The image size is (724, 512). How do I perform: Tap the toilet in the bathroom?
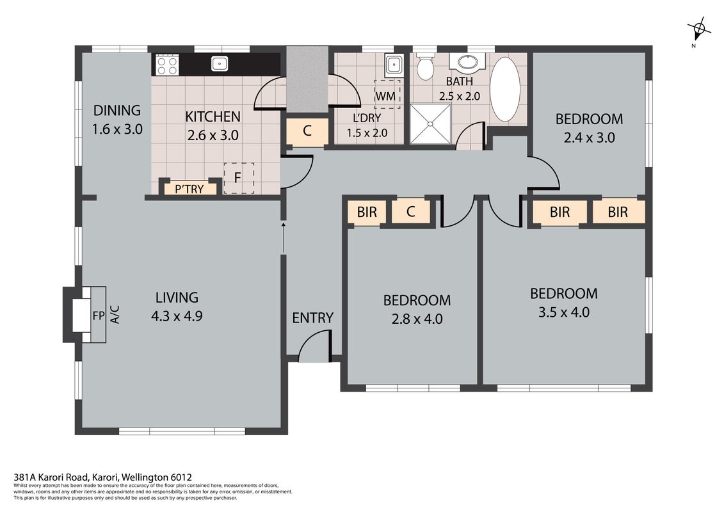click(x=425, y=66)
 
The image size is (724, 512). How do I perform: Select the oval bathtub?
click(x=504, y=89)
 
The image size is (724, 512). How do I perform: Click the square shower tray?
click(x=430, y=124)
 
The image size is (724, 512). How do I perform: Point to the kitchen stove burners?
click(x=166, y=65)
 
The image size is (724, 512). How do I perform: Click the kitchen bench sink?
click(x=220, y=63)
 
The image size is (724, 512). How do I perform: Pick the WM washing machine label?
click(x=385, y=96)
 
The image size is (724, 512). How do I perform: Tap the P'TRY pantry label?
click(x=189, y=189)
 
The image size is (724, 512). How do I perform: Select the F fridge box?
click(x=239, y=178)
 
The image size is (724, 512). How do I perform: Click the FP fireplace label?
click(x=99, y=316)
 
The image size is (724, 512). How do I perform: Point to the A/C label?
click(x=115, y=314)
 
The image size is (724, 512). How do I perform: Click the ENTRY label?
click(x=312, y=318)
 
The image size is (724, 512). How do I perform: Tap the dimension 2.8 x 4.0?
click(x=417, y=319)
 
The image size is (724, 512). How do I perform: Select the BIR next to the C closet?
click(x=367, y=212)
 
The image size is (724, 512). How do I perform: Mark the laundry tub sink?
click(x=394, y=65)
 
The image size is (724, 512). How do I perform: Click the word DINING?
click(x=117, y=111)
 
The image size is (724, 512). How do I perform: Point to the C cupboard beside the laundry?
click(x=307, y=131)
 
